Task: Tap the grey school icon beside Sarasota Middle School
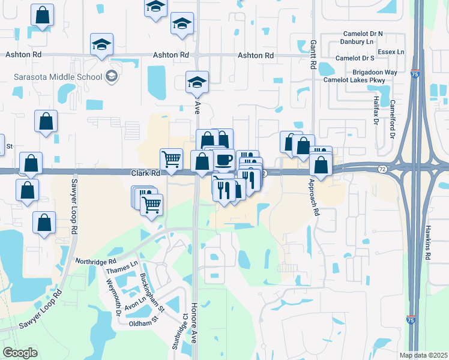[x=111, y=76]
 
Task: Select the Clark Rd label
[x=146, y=173]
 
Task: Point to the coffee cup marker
[x=223, y=160]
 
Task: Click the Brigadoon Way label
[x=375, y=72]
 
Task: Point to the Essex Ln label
[x=391, y=52]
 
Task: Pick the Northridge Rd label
[x=95, y=262]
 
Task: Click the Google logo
[x=20, y=353]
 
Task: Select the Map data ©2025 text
[x=423, y=355]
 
